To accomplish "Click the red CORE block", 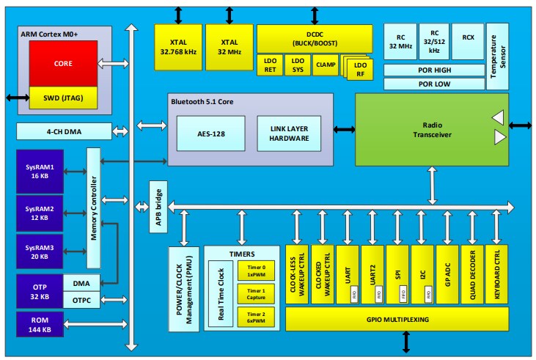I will tap(62, 64).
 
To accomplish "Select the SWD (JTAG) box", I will tap(62, 96).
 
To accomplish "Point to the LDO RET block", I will tap(269, 65).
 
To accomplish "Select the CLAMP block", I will tap(325, 65).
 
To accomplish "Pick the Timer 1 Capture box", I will tap(253, 294).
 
